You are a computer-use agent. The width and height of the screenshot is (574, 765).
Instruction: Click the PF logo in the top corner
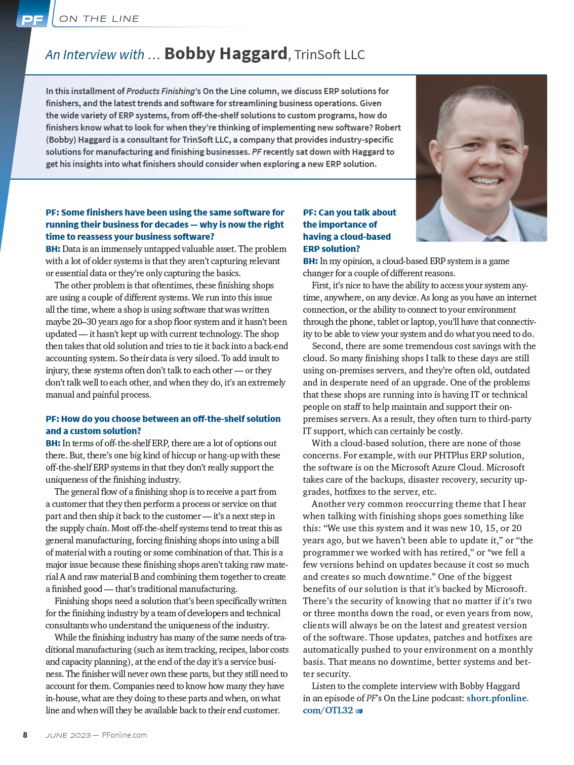click(x=32, y=20)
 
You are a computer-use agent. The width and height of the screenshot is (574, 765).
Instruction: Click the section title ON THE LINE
click(x=99, y=19)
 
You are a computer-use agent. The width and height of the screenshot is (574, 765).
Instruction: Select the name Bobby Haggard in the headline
click(x=226, y=54)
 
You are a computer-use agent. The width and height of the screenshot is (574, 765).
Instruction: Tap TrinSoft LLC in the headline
click(x=330, y=55)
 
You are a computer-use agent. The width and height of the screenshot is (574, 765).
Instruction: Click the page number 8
click(x=25, y=735)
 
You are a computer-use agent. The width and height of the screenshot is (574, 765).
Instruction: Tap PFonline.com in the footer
click(x=125, y=735)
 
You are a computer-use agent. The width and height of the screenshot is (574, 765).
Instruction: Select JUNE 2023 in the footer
click(x=68, y=735)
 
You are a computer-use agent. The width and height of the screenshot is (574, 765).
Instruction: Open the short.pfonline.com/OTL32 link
click(x=415, y=704)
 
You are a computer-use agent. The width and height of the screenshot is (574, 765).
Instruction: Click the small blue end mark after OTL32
click(x=359, y=711)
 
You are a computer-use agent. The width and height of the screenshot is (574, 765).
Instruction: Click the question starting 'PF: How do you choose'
click(x=163, y=425)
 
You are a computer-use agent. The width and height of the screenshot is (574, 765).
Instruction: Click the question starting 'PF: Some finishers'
click(x=165, y=224)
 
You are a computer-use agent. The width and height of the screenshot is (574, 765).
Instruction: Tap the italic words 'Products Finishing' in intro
click(x=160, y=91)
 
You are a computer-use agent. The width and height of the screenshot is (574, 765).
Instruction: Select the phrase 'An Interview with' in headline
click(x=95, y=55)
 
